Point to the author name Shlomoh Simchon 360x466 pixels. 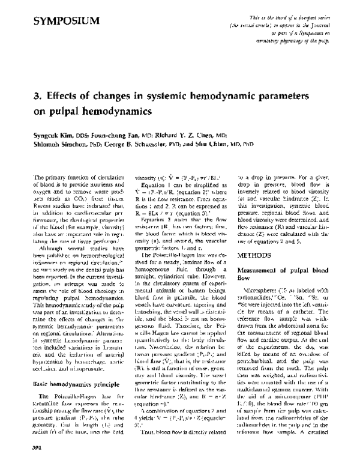(53, 145)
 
